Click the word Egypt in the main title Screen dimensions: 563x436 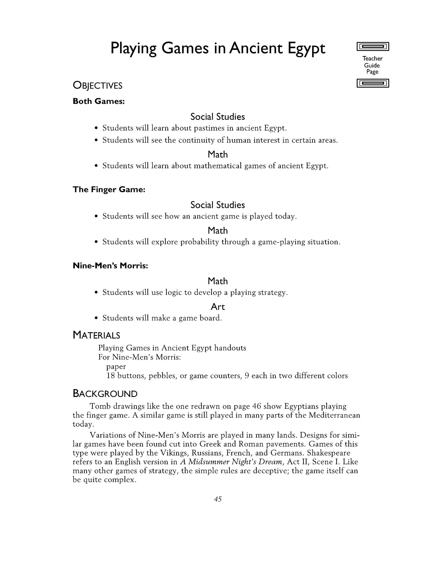(x=306, y=48)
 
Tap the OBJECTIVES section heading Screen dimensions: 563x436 (x=97, y=86)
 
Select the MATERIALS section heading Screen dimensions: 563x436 (x=96, y=335)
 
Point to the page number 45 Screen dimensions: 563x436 (x=218, y=499)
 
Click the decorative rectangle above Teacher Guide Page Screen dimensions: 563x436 (x=373, y=47)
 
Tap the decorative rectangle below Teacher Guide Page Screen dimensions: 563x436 (x=373, y=83)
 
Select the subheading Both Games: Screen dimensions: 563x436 (x=99, y=101)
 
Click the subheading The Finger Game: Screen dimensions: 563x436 (x=109, y=190)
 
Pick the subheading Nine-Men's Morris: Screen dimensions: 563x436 (x=110, y=266)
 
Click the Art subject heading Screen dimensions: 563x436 (x=218, y=307)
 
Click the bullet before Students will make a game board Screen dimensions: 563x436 (x=96, y=318)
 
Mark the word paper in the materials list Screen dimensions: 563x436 (x=116, y=367)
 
